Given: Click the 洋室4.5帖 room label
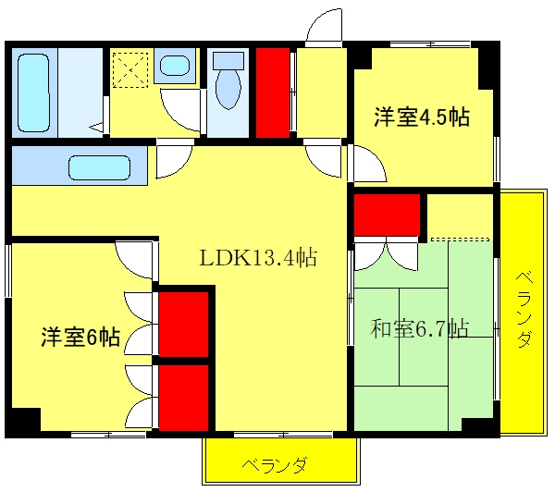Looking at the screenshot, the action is click(422, 117).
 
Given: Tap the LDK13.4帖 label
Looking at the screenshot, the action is click(258, 257).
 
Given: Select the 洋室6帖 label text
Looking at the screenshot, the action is click(80, 337).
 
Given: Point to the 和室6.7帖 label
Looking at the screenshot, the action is click(419, 329).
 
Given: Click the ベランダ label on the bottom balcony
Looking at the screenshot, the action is click(275, 465).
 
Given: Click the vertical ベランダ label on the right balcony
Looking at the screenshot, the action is click(524, 310).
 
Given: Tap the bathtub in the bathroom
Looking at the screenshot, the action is click(33, 92).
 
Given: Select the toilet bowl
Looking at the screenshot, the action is click(228, 89).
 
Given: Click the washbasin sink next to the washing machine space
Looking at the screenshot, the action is click(174, 66).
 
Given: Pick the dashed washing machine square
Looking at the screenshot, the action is click(130, 69).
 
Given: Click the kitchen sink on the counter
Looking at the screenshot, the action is click(100, 167).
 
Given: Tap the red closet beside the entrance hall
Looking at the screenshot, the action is click(273, 92).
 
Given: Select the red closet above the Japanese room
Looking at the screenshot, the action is click(387, 215).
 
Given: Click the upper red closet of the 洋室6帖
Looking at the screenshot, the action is click(183, 325).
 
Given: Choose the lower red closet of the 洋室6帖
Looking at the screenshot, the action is click(183, 398).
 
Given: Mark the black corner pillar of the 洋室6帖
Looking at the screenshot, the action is click(23, 420).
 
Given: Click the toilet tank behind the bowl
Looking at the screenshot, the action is click(228, 61).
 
